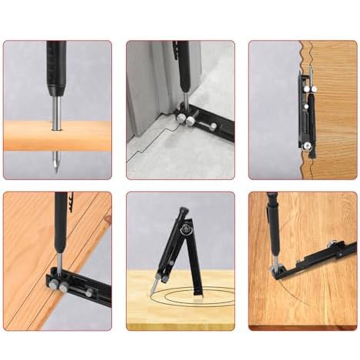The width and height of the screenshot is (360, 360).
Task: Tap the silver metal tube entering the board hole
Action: (55, 112)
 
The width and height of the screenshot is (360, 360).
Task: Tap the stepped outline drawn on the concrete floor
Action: (150, 142)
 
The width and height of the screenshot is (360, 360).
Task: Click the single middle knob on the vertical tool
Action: (306, 106)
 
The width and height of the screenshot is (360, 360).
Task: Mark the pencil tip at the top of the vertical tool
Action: (310, 69)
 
